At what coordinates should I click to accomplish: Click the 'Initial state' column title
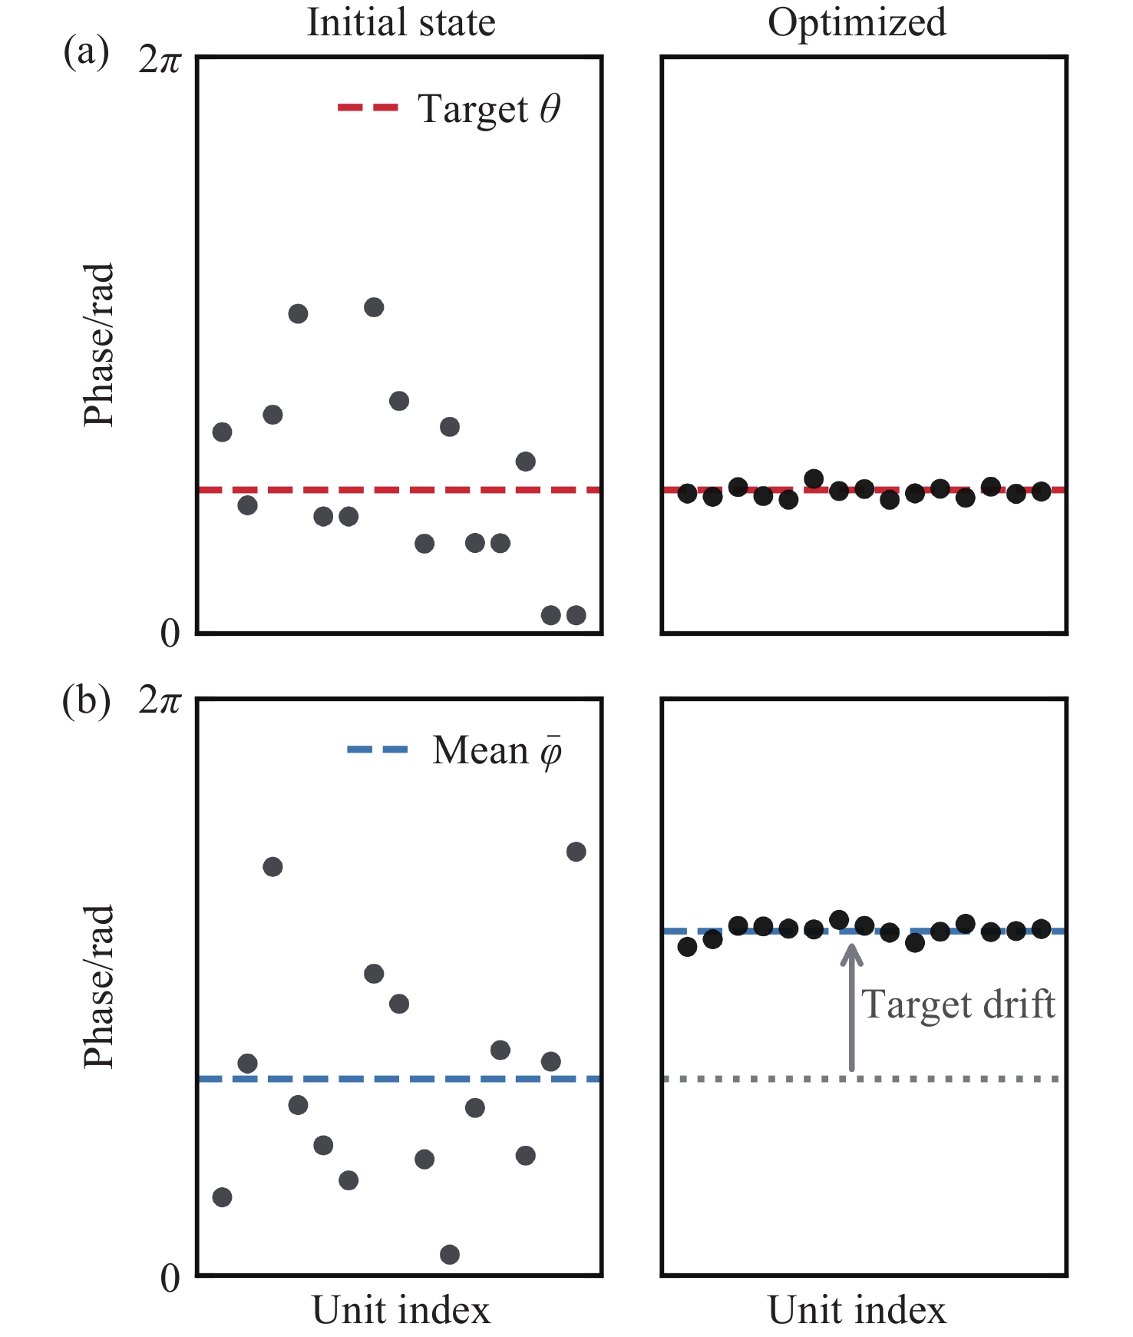tap(401, 22)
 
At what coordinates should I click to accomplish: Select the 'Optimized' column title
tap(857, 22)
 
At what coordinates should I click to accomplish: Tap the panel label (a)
tap(86, 53)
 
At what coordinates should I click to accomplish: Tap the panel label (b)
tap(86, 700)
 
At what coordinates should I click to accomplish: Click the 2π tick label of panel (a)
tap(160, 61)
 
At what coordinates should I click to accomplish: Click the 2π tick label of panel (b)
tap(160, 701)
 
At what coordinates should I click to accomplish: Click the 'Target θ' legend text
tap(489, 109)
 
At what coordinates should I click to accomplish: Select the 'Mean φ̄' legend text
tap(497, 751)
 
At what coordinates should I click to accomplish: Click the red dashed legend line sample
tap(368, 108)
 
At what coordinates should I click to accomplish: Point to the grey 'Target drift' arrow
tap(851, 1006)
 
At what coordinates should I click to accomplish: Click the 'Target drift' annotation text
tap(958, 1004)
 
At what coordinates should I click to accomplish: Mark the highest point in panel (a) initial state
tap(374, 308)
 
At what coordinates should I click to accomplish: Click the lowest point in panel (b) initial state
tap(450, 1255)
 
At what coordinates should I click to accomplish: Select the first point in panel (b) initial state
tap(222, 1197)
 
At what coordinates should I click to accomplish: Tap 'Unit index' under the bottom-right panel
tap(857, 1310)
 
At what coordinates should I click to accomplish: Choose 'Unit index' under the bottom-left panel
tap(401, 1310)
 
